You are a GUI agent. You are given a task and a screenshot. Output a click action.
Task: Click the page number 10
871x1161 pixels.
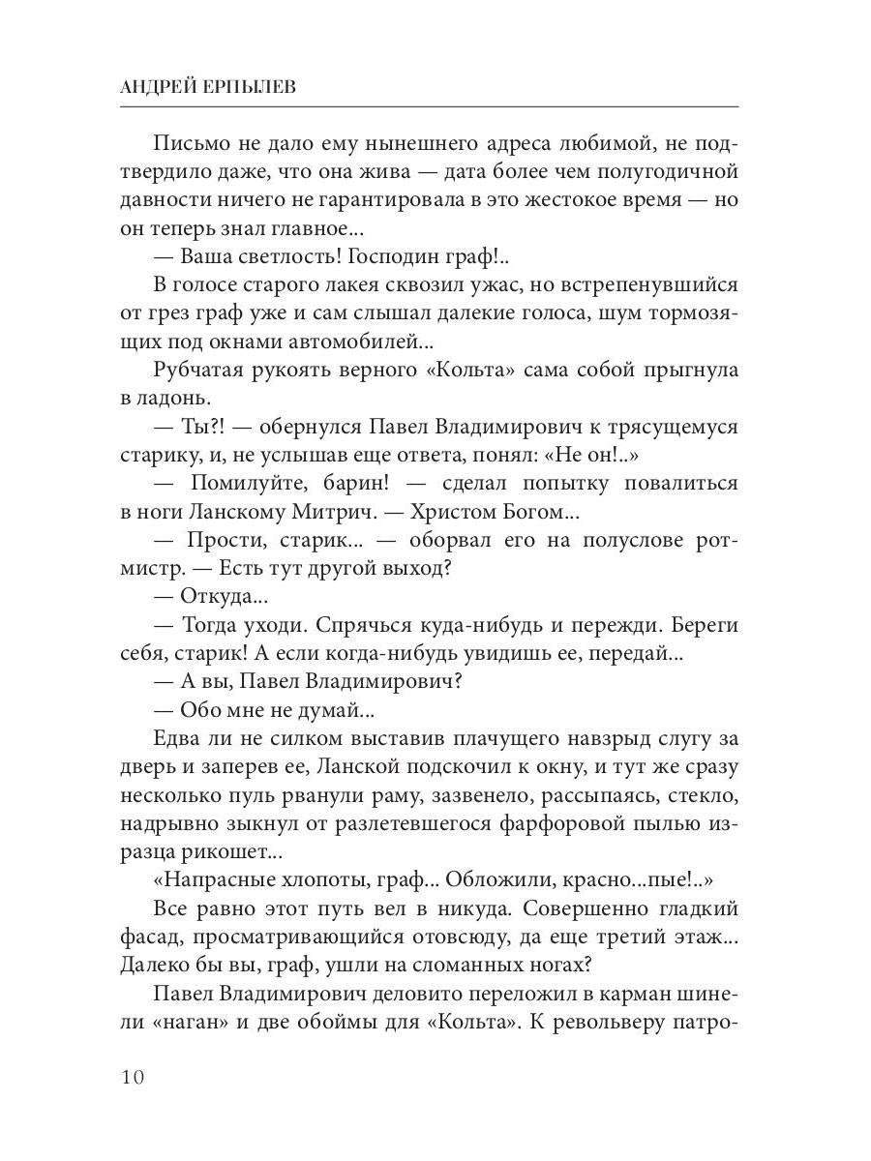click(x=132, y=1077)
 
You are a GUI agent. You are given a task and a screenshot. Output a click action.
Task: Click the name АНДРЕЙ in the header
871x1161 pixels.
click(x=159, y=85)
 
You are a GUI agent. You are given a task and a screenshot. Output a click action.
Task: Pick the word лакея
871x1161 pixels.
click(x=363, y=285)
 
